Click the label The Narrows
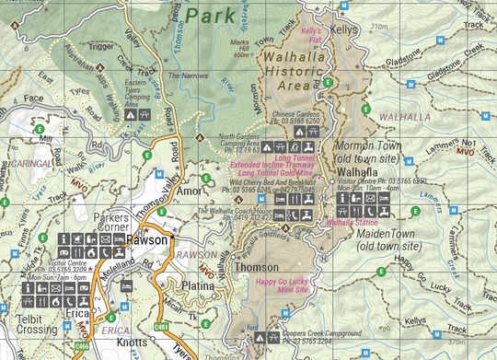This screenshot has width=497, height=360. point(186,75)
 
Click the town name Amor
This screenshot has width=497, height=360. point(190,191)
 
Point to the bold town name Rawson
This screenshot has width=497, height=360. point(146,239)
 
